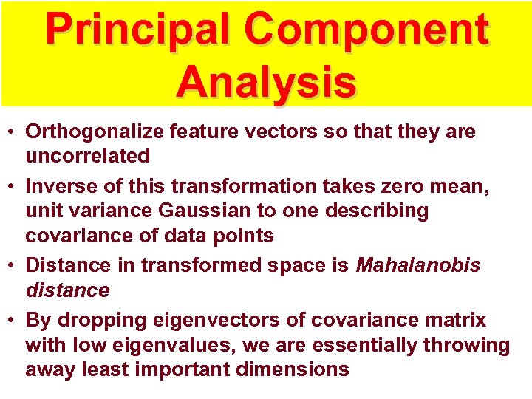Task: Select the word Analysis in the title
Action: point(266,81)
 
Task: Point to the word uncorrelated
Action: point(88,156)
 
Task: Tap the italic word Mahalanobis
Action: point(418,265)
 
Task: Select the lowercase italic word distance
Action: point(67,290)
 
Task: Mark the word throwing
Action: point(465,345)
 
